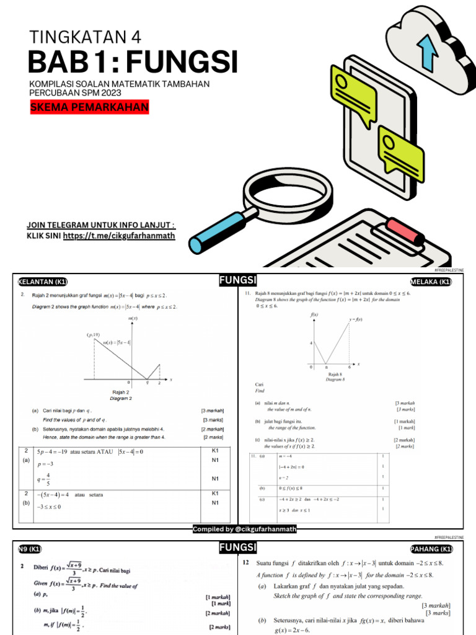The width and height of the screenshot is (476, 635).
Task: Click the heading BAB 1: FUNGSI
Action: (x=133, y=62)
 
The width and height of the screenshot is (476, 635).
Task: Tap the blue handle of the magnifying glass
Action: (x=214, y=229)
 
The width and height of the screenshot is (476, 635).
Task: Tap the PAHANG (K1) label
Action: (x=431, y=549)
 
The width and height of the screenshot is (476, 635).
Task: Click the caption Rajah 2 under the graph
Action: (x=120, y=393)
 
